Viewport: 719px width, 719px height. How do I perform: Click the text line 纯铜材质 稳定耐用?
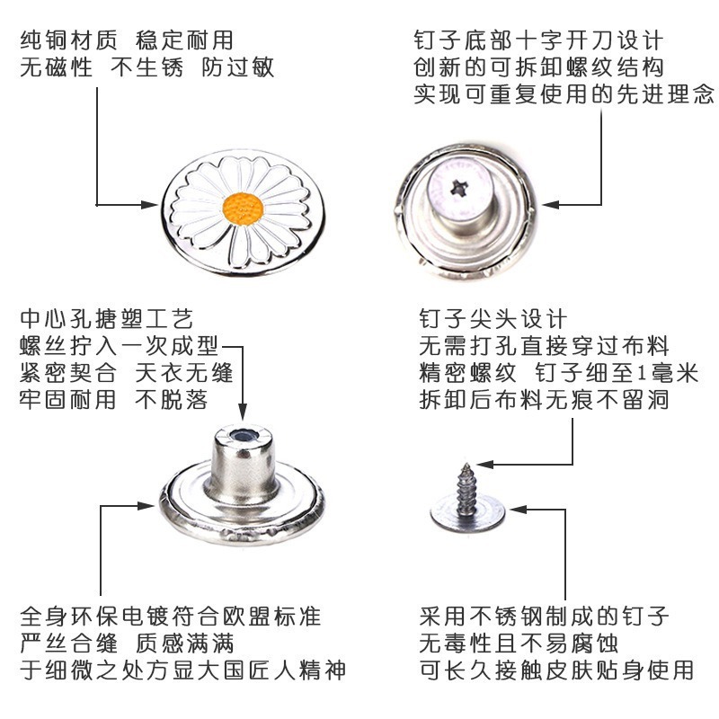pos(126,41)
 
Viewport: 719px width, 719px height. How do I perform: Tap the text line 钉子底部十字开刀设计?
pos(538,41)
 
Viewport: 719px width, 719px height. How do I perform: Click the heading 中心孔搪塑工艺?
pos(106,319)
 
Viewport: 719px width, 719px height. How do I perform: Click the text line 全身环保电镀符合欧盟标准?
pos(171,617)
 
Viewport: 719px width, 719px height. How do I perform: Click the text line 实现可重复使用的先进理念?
pos(564,93)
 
